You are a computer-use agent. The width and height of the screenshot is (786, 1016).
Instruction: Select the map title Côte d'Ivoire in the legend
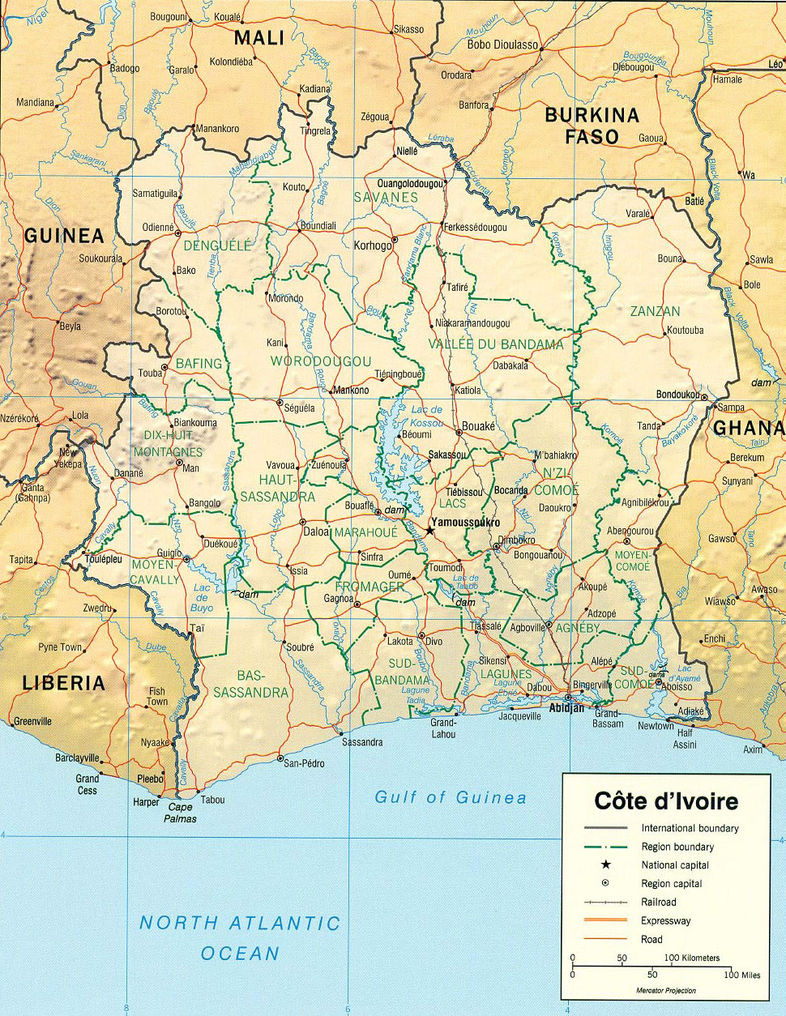pos(666,801)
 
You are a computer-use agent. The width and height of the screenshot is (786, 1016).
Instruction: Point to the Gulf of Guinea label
pos(450,797)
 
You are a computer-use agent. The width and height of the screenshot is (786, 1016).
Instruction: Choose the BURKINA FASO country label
pos(592,126)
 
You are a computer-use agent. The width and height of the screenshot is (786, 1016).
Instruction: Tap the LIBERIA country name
pos(64,682)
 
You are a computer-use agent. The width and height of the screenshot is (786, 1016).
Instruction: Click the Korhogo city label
pos(372,245)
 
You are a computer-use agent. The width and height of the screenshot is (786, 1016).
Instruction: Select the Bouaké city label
pos(478,426)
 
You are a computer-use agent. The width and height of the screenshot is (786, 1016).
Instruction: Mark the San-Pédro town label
pos(304,763)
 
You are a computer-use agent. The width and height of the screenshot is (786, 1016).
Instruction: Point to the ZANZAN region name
pos(655,311)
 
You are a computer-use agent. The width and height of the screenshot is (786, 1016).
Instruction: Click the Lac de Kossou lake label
pos(426,416)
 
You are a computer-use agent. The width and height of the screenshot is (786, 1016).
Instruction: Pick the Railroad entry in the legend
pos(658,902)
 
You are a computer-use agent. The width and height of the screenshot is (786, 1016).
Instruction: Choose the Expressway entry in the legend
pos(665,920)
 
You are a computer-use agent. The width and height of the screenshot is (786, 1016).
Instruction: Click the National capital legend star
pos(605,864)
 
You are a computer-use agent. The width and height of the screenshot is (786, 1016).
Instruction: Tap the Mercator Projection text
pos(665,991)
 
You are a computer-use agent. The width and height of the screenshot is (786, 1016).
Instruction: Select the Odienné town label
pos(158,228)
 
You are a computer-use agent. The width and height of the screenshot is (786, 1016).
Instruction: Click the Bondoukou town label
pos(677,395)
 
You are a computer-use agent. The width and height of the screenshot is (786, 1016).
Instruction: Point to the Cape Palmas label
pos(180,813)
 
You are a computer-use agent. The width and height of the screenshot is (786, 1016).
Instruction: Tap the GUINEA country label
pos(64,236)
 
